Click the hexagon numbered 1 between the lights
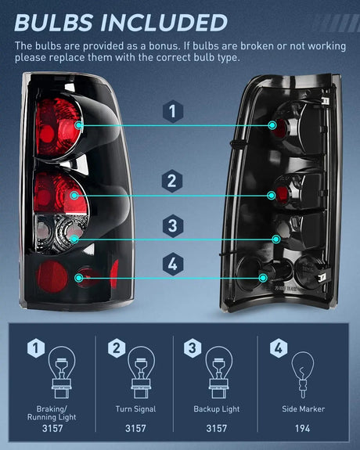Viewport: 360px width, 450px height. tap(172, 111)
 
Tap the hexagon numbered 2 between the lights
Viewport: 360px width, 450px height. tap(172, 181)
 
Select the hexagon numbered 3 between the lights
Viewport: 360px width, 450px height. tap(172, 226)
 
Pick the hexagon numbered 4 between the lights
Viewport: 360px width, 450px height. tap(172, 264)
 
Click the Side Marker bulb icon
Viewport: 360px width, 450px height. tap(303, 374)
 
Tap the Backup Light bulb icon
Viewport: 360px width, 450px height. tap(219, 373)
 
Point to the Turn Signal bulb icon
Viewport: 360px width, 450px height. tap(141, 373)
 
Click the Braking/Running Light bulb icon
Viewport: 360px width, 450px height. tap(62, 373)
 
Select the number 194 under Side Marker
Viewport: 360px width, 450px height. tap(303, 428)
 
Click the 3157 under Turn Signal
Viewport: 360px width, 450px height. tap(135, 428)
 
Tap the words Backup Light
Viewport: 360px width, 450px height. tap(217, 409)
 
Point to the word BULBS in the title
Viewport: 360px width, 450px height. tap(53, 23)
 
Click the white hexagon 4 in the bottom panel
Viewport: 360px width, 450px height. tap(279, 348)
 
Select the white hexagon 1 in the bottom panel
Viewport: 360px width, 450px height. tap(36, 348)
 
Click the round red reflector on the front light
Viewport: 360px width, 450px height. tap(52, 276)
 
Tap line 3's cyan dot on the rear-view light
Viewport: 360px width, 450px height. tap(276, 239)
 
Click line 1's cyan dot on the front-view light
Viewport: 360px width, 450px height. tap(79, 125)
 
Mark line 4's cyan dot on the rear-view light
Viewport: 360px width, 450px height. tap(263, 278)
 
